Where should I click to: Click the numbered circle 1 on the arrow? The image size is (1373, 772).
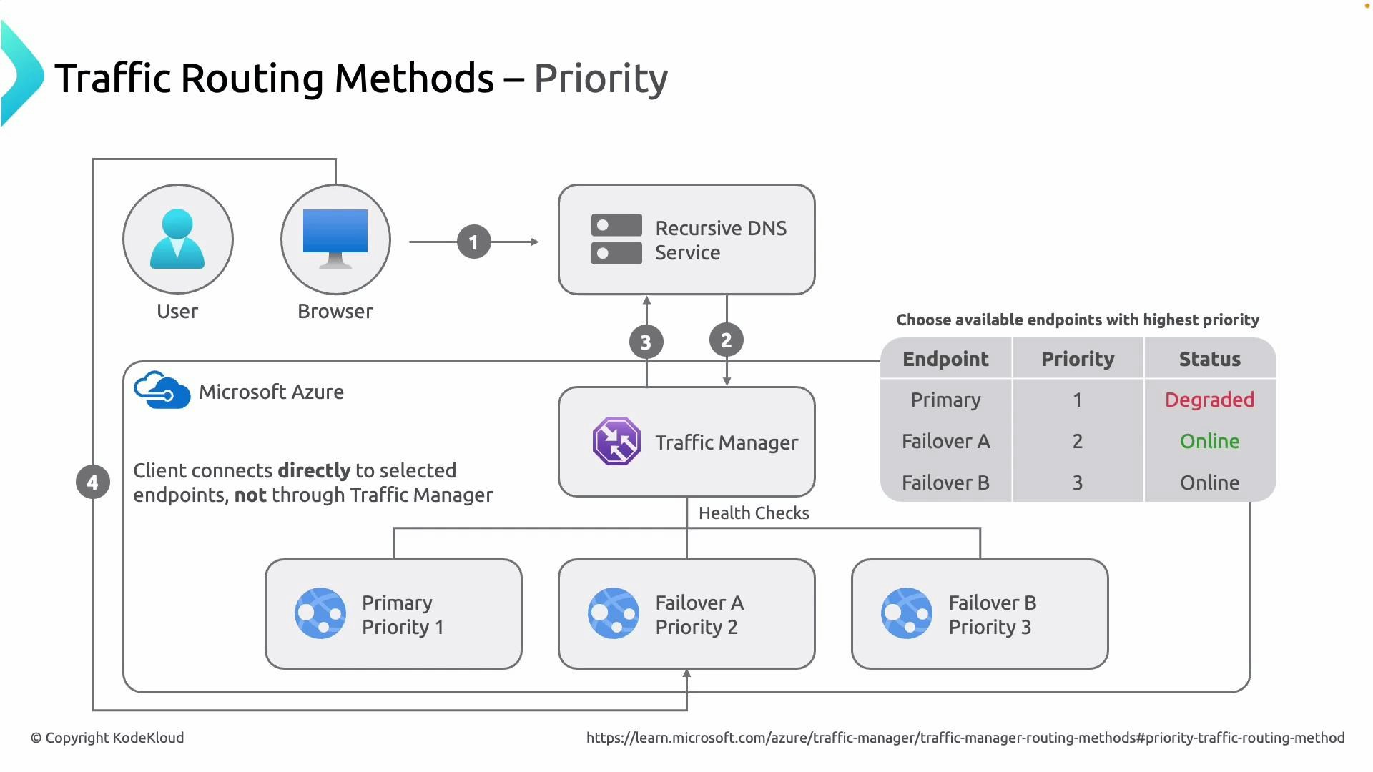pyautogui.click(x=473, y=242)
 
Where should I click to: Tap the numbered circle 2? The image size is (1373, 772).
pyautogui.click(x=726, y=340)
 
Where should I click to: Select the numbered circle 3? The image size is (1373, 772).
pyautogui.click(x=646, y=342)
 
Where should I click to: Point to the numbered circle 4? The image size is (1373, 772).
pyautogui.click(x=93, y=482)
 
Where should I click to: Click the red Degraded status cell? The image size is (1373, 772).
pyautogui.click(x=1209, y=400)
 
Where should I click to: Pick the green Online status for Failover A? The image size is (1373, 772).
pyautogui.click(x=1209, y=441)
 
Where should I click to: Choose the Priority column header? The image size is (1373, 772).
pyautogui.click(x=1077, y=359)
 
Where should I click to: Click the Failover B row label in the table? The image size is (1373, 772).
pyautogui.click(x=945, y=482)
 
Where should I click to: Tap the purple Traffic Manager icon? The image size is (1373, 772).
pyautogui.click(x=616, y=442)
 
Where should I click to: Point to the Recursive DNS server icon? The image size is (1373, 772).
pyautogui.click(x=616, y=239)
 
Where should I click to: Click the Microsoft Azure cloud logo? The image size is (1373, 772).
pyautogui.click(x=162, y=390)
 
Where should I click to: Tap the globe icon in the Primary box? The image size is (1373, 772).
pyautogui.click(x=320, y=613)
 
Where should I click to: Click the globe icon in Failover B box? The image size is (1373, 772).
pyautogui.click(x=907, y=613)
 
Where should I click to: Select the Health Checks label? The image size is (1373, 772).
pyautogui.click(x=754, y=513)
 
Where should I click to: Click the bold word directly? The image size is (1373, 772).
pyautogui.click(x=314, y=470)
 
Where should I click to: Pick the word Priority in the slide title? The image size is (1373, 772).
pyautogui.click(x=601, y=79)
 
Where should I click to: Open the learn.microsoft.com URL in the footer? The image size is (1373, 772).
pyautogui.click(x=965, y=738)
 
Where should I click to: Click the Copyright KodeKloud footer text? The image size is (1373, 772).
pyautogui.click(x=107, y=738)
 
